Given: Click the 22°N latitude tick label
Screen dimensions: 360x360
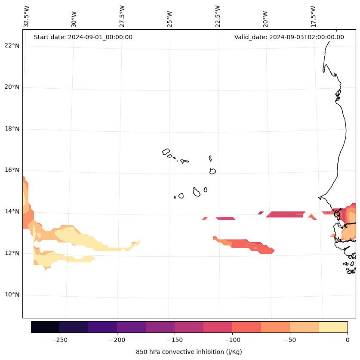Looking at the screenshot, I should click(x=11, y=46).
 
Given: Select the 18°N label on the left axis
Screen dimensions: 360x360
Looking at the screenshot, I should click(x=11, y=129).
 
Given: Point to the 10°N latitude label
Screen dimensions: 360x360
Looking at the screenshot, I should click(x=11, y=295).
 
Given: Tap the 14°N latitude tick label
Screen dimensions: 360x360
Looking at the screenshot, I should click(x=11, y=211).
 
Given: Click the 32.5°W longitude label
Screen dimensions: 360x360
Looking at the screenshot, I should click(x=27, y=16).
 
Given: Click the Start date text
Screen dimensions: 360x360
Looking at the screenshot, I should click(x=83, y=37).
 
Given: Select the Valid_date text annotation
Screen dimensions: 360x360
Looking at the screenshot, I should click(x=289, y=37).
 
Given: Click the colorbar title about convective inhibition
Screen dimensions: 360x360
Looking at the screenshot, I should click(x=189, y=352).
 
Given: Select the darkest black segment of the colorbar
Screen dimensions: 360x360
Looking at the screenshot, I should click(x=45, y=327).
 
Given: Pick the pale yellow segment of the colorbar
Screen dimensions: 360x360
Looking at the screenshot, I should click(x=333, y=327).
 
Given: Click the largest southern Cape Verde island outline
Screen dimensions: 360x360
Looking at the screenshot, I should click(x=197, y=192).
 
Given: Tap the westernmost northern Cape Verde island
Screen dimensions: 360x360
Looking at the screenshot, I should click(x=166, y=152).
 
